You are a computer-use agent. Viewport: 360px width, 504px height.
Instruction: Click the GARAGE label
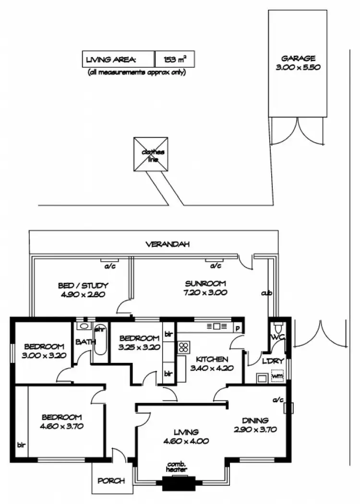click(x=299, y=59)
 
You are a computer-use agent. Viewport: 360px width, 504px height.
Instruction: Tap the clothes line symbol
click(x=152, y=155)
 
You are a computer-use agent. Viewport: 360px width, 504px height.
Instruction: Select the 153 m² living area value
click(x=175, y=60)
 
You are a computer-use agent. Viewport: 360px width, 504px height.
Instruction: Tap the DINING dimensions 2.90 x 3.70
click(x=254, y=429)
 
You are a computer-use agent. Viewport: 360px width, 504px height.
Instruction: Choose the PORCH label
click(x=111, y=480)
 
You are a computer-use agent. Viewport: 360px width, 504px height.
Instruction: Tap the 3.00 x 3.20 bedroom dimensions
click(x=44, y=356)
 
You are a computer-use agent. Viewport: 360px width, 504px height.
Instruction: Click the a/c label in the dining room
click(x=277, y=399)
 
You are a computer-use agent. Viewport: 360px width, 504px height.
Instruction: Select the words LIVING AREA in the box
click(x=111, y=60)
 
